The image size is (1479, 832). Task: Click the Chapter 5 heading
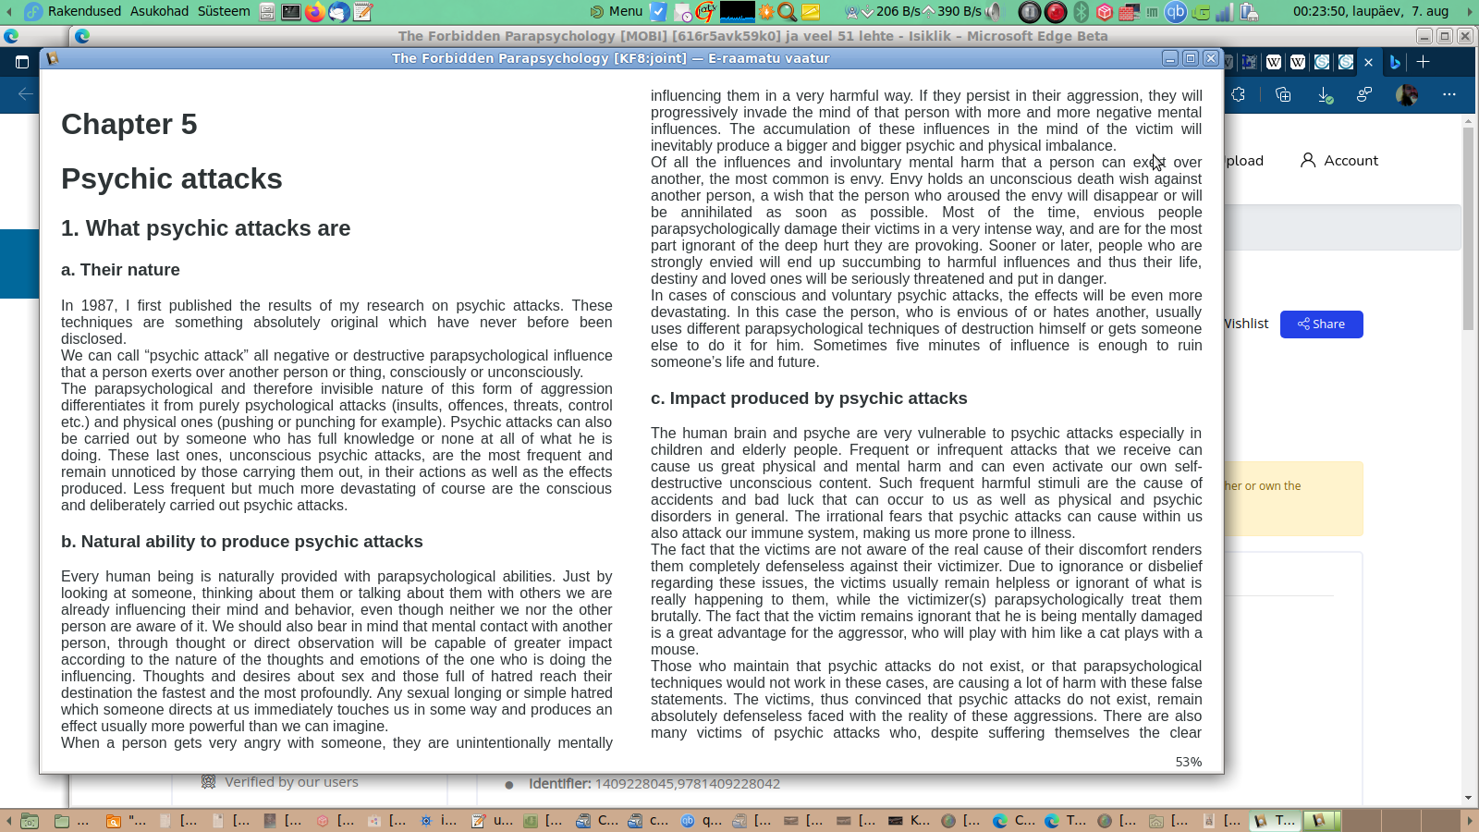tap(128, 124)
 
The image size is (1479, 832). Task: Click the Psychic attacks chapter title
tap(171, 178)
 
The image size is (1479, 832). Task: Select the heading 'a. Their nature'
tap(120, 270)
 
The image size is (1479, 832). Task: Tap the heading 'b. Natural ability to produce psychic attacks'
tap(241, 542)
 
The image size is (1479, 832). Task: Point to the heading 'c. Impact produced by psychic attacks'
tap(809, 398)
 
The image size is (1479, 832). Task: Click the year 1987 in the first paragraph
tap(98, 306)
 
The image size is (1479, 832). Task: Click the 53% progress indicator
tap(1188, 762)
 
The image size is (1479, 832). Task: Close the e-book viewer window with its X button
tap(1211, 58)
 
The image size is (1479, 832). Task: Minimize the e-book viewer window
tap(1170, 58)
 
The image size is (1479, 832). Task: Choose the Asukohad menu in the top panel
tap(159, 11)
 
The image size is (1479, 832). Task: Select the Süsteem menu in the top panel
tap(224, 11)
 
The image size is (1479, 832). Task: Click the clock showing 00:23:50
tap(1370, 11)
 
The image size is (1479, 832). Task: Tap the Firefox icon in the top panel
tap(315, 12)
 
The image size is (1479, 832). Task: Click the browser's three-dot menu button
tap(1448, 94)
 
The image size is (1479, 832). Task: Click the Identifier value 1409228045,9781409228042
tap(687, 784)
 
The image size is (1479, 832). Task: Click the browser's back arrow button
tap(25, 94)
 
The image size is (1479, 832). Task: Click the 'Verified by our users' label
tap(291, 782)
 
